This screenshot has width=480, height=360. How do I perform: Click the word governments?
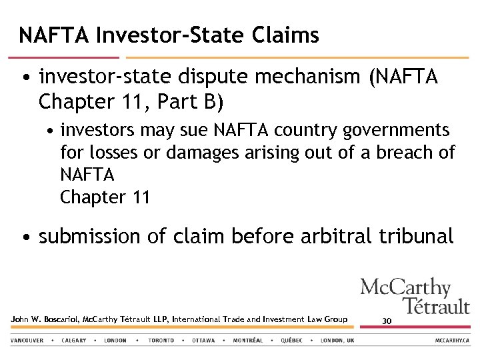coord(393,129)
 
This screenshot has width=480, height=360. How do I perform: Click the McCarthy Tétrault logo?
coord(414,296)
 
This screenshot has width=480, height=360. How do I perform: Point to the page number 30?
coord(387,321)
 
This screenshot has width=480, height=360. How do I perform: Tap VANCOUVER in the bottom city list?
coord(27,340)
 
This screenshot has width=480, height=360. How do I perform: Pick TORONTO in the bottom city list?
coord(161,340)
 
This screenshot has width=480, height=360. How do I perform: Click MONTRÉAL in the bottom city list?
coord(248,340)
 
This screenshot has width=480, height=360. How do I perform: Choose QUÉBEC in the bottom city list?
coord(291,340)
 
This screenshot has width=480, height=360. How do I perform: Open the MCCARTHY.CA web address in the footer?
coord(453,340)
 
